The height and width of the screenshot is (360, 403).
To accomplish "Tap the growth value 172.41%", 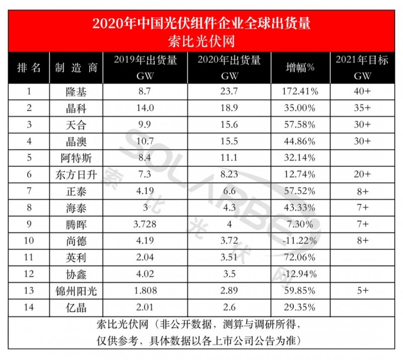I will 300,92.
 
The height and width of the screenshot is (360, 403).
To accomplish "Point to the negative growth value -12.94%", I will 300,274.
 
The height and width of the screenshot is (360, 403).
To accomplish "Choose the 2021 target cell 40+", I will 361,92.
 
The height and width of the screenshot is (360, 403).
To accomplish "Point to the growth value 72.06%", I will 300,257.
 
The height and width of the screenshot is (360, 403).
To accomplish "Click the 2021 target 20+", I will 361,174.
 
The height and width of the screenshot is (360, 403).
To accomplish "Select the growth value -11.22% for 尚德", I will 300,241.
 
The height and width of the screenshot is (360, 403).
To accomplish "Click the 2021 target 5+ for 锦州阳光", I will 361,290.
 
